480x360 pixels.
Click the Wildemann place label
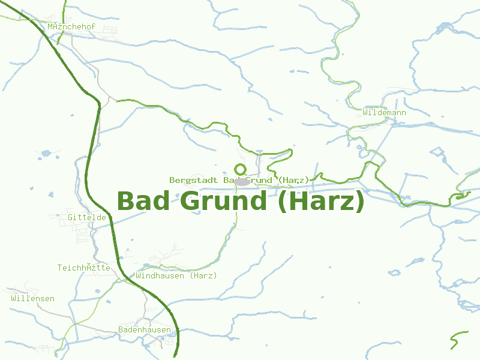(384, 112)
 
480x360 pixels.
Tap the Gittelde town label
(86, 217)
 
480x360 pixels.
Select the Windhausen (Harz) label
(176, 275)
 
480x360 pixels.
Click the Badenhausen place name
(144, 329)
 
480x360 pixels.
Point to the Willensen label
(32, 298)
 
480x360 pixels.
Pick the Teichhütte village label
(83, 268)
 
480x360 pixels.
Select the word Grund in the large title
(223, 201)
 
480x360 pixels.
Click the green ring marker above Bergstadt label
(241, 169)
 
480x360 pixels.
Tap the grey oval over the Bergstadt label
(241, 181)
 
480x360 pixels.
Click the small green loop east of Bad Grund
(463, 195)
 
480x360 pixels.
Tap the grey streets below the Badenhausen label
(162, 341)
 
